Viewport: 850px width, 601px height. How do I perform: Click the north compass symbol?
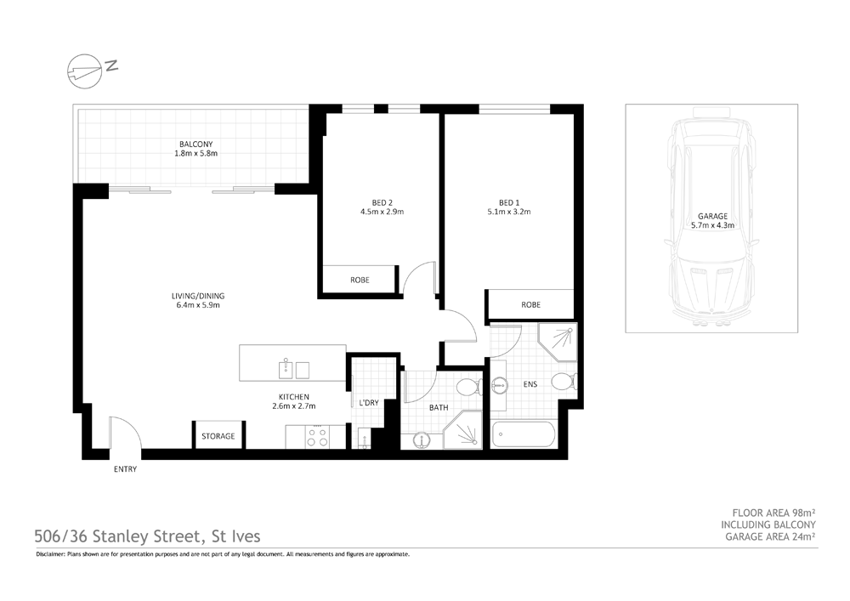[84, 70]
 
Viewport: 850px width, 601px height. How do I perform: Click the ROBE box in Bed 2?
[360, 280]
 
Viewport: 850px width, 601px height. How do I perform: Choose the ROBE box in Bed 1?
[530, 304]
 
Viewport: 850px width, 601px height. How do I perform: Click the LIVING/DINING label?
[197, 296]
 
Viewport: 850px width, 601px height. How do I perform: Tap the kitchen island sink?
[286, 368]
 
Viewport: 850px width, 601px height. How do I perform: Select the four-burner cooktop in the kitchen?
[318, 437]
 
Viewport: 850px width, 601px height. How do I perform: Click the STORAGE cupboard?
[218, 436]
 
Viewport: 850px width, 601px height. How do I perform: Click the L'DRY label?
[368, 401]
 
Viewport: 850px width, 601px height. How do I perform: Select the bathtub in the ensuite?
[524, 434]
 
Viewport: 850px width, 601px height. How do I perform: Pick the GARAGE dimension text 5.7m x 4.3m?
[711, 226]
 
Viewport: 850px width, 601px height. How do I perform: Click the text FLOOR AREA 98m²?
[773, 513]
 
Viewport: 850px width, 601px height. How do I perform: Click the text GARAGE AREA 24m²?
[770, 537]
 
